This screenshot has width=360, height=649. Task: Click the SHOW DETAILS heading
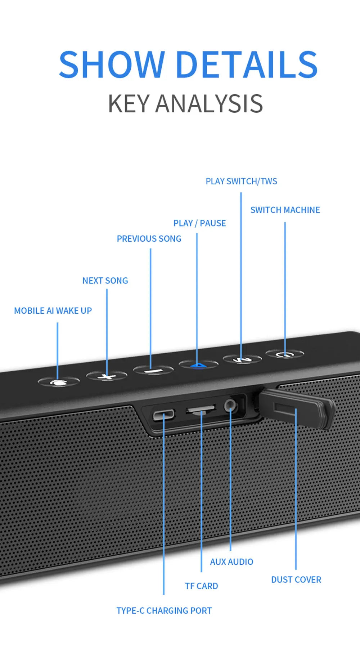pos(188,64)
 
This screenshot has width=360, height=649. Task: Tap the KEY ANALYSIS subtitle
pos(185,104)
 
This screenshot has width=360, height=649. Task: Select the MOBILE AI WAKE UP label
pos(53,310)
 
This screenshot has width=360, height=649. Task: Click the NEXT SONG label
pos(105,281)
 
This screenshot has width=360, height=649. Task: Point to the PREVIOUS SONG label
pos(149,238)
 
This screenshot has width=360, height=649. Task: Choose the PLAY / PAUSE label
pos(200,223)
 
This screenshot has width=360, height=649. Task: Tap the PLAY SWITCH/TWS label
pos(242,181)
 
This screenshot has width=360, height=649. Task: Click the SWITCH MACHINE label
pos(285,210)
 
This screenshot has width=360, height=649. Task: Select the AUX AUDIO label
pos(231,562)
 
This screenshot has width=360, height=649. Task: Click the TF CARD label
pos(202,586)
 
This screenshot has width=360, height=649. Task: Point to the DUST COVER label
pos(296,579)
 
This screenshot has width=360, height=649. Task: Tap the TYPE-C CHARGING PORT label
pos(164,610)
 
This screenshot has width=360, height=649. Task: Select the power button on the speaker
pos(285,354)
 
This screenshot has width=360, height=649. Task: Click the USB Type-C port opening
pos(163,415)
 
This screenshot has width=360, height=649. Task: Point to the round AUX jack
pos(230,406)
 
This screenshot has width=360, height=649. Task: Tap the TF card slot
pos(201,409)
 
